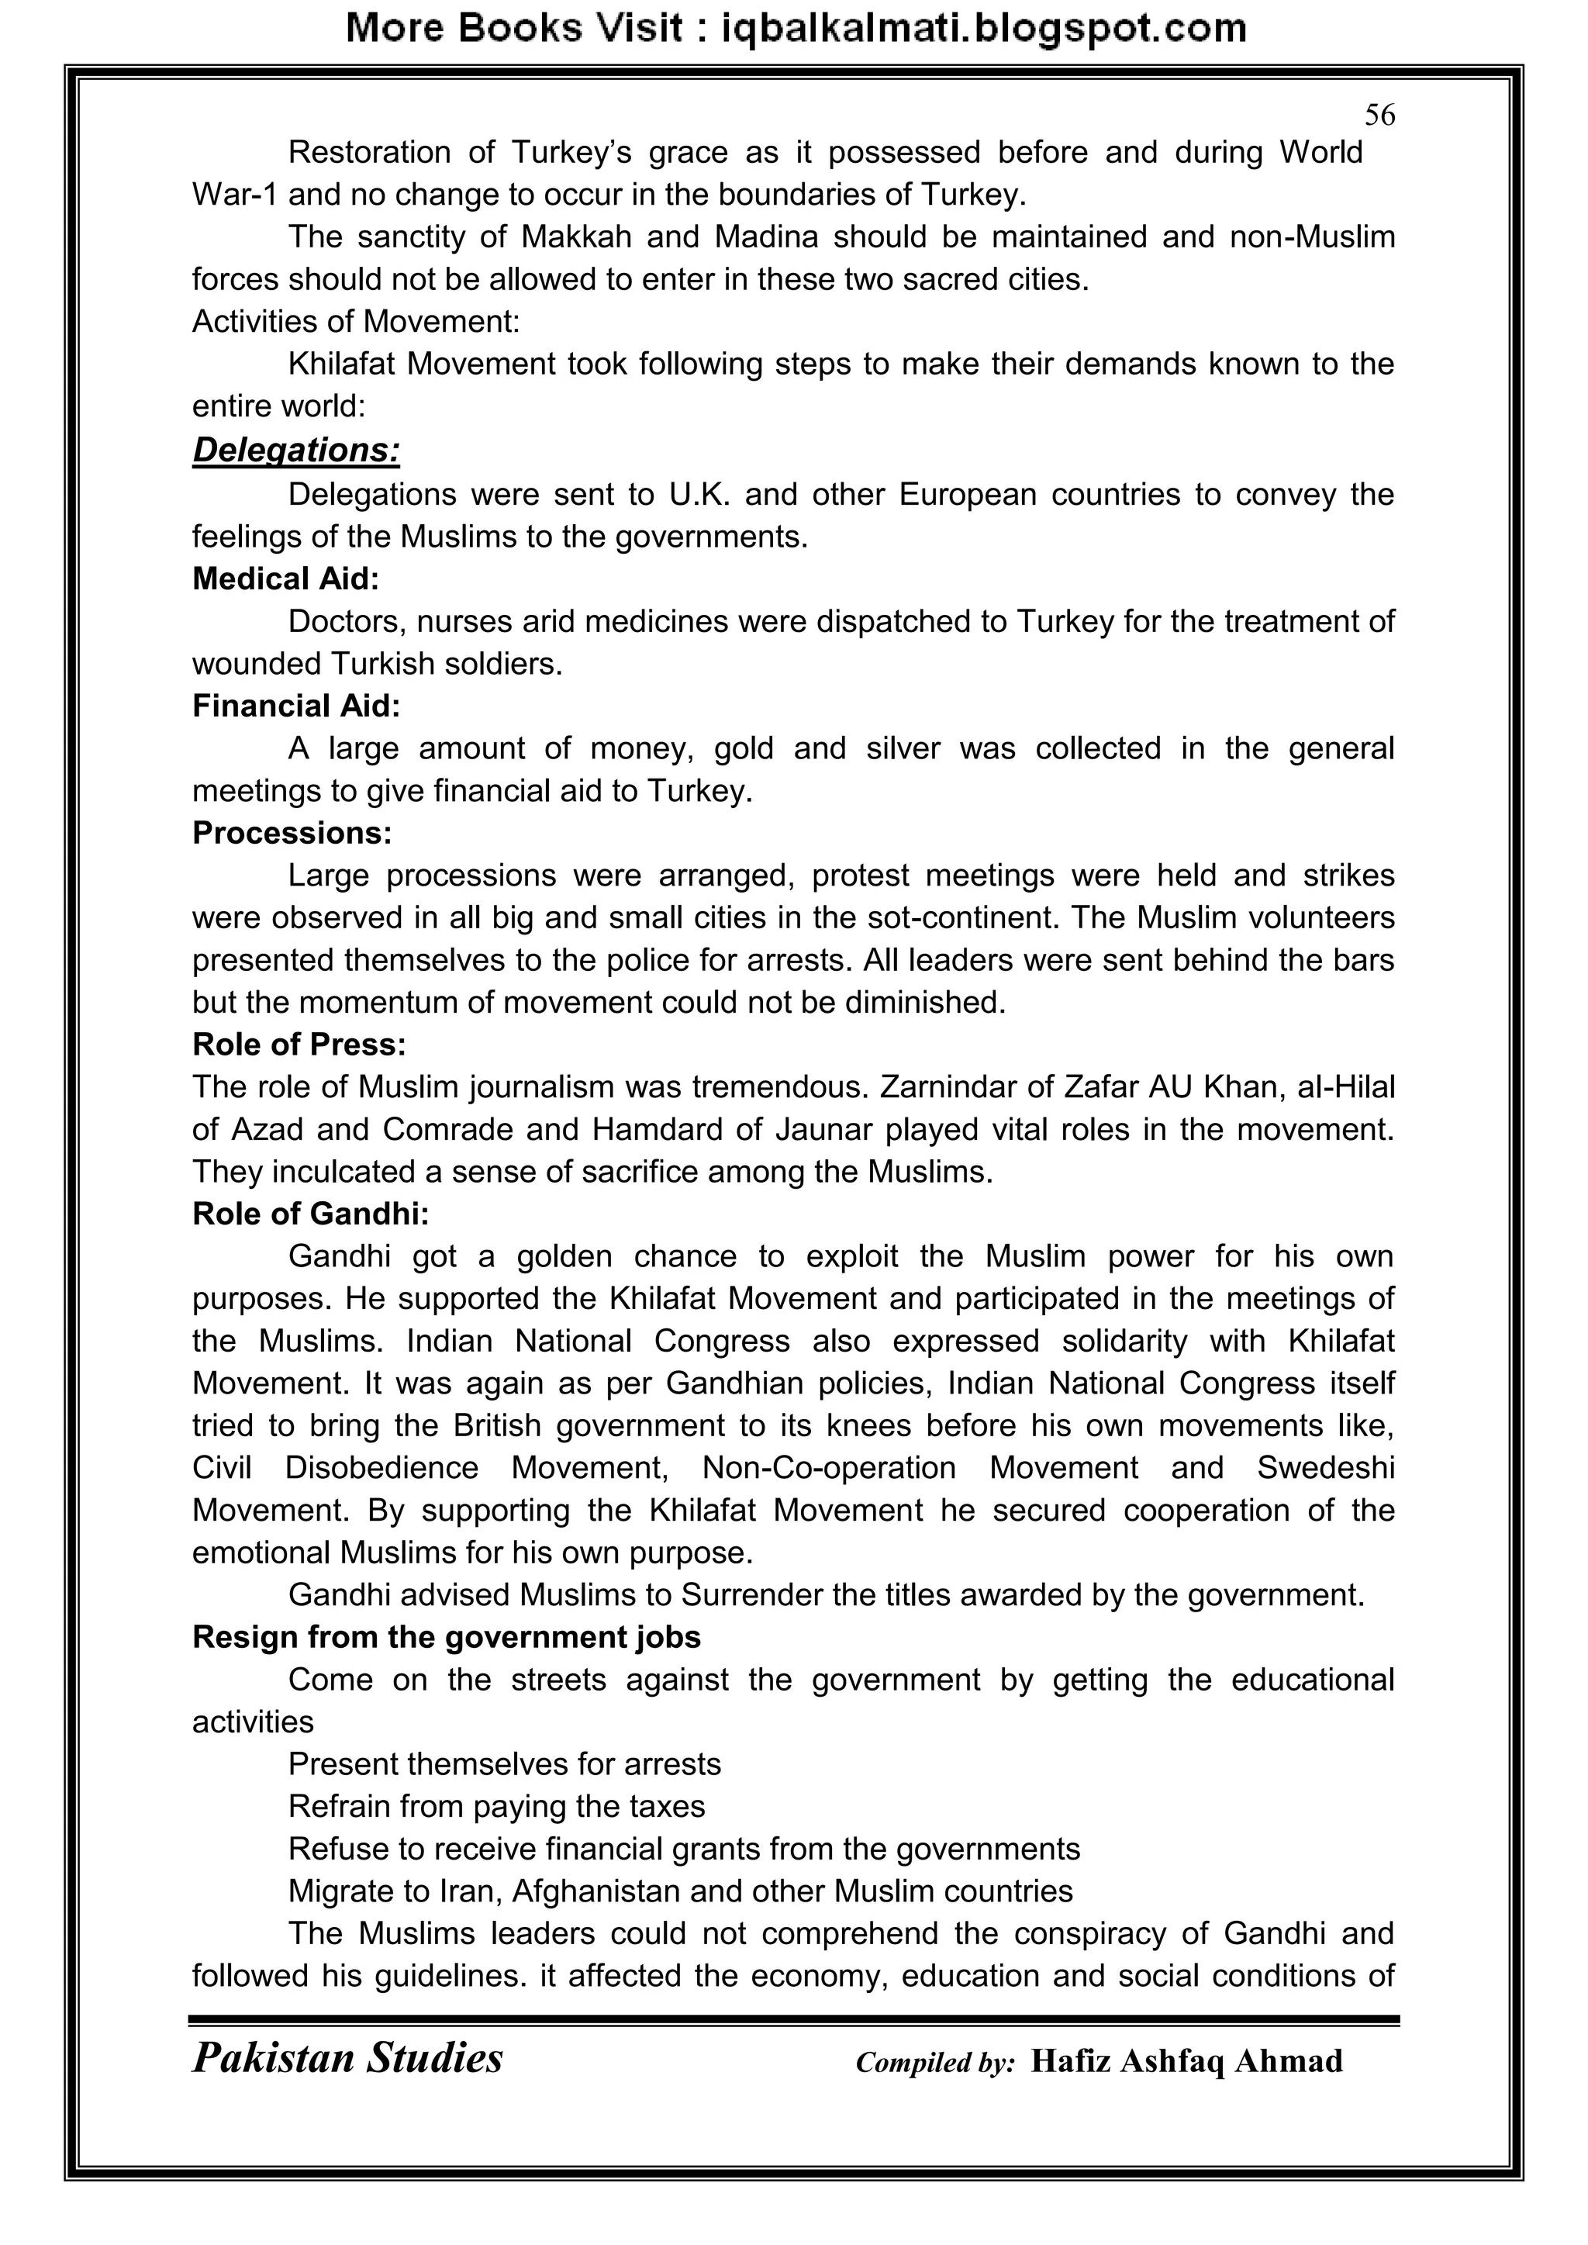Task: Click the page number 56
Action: tap(1379, 116)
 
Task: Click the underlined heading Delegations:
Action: tap(296, 451)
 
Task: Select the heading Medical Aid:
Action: tap(285, 579)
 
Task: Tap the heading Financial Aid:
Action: tap(296, 706)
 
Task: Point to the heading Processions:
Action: tap(292, 833)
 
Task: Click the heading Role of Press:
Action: tap(299, 1045)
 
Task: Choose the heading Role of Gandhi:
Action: tap(311, 1214)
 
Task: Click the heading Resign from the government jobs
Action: tap(446, 1637)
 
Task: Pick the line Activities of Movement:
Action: tap(356, 322)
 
